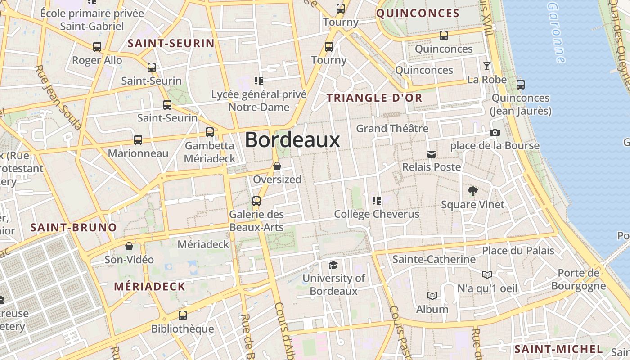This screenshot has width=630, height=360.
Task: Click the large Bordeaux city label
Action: pos(292,140)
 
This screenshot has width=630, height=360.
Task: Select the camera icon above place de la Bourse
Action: pos(495,132)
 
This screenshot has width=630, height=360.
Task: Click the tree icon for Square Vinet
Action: pos(472,191)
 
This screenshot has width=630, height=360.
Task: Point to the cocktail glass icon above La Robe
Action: pos(487,66)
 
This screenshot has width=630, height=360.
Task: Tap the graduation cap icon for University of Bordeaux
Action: pos(333,265)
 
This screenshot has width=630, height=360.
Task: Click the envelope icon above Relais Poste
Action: pos(432,154)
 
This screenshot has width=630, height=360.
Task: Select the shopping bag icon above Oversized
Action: pos(277,166)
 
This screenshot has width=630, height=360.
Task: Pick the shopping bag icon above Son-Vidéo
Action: pos(129,246)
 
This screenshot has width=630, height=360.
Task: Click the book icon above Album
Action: pos(432,296)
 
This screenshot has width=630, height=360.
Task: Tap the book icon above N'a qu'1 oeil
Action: pos(487,274)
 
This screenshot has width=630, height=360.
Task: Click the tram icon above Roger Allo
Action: pos(97,46)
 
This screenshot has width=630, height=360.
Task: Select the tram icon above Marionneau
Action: pos(138,140)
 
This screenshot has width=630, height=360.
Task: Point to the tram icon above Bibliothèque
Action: pos(182,315)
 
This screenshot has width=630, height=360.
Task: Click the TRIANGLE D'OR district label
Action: pos(374,98)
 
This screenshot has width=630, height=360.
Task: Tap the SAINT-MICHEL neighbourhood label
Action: pos(558,349)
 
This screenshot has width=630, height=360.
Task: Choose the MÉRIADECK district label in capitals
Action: pos(149,286)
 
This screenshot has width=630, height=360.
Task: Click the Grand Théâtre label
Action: pos(392,129)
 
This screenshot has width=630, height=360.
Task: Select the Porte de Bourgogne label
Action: pos(578,279)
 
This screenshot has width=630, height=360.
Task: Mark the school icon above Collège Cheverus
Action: pos(377,200)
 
